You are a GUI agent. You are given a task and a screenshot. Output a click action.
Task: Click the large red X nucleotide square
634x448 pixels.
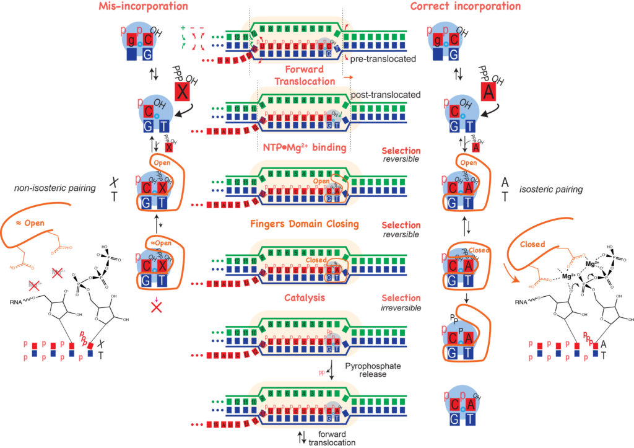click(x=183, y=92)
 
